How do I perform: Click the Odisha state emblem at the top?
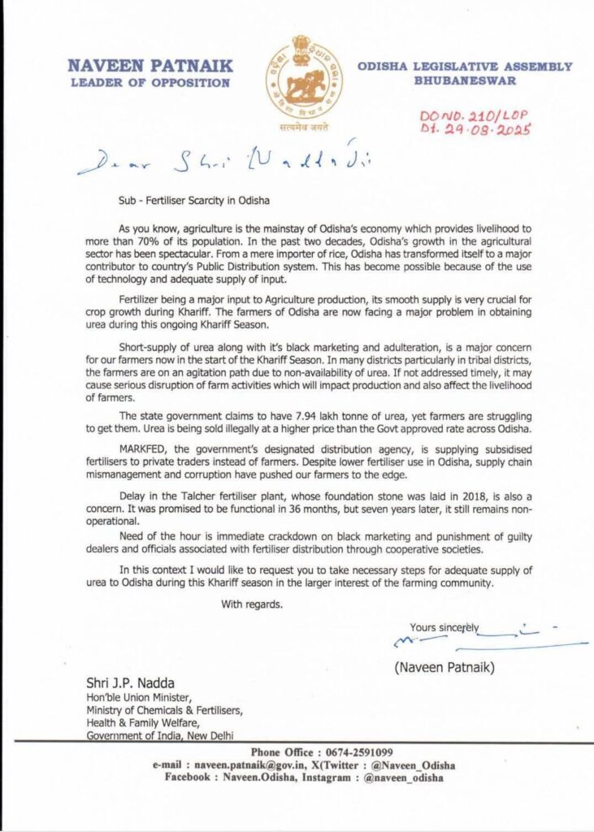click(x=302, y=78)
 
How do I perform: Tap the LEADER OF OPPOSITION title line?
click(x=150, y=82)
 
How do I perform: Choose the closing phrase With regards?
click(x=252, y=604)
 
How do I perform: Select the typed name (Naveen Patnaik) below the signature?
click(x=444, y=668)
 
